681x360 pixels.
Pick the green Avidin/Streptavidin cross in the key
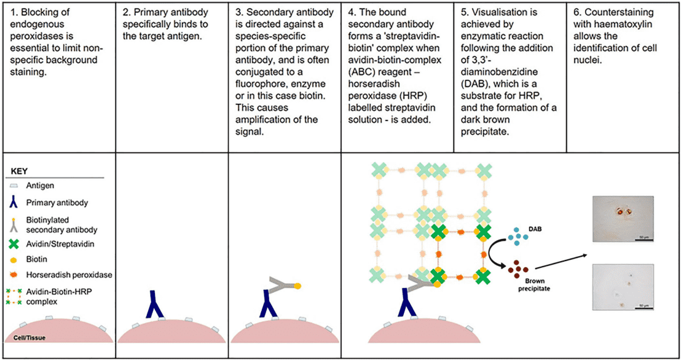pos(14,244)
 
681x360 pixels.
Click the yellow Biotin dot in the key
pos(14,259)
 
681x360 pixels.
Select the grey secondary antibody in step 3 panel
pos(279,285)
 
